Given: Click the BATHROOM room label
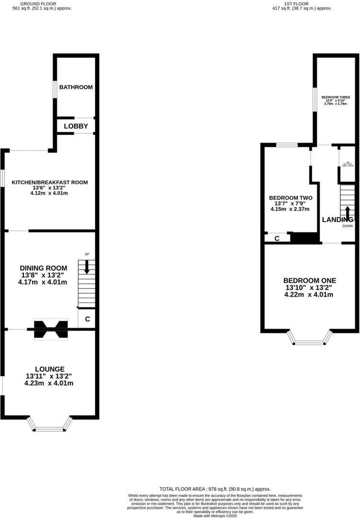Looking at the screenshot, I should (x=76, y=87).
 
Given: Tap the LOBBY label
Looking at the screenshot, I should (x=76, y=126).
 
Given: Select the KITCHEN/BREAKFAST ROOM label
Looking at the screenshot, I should (x=50, y=182).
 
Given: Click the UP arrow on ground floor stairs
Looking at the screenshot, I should (x=87, y=266).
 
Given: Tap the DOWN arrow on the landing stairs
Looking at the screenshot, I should (x=348, y=212).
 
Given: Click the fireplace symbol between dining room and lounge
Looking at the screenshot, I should (x=50, y=330).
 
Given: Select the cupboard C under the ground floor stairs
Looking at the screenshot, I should (x=87, y=319).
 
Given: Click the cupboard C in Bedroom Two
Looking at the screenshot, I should (x=277, y=238).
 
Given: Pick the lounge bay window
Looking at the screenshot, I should (x=50, y=424).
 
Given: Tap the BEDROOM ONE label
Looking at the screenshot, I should (x=309, y=281).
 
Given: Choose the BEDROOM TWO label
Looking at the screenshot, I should (x=290, y=198).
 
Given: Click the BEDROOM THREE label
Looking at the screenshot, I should (x=336, y=97).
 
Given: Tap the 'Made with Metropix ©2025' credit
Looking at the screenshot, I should (x=215, y=516).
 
